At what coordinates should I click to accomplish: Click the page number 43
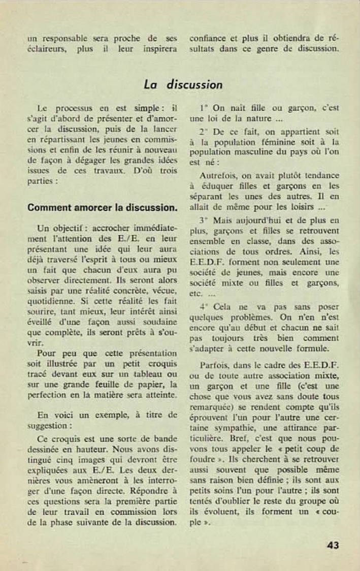(333, 545)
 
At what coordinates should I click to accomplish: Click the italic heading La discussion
(183, 84)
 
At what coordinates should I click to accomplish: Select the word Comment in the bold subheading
(46, 207)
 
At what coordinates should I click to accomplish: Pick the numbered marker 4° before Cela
(205, 307)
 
